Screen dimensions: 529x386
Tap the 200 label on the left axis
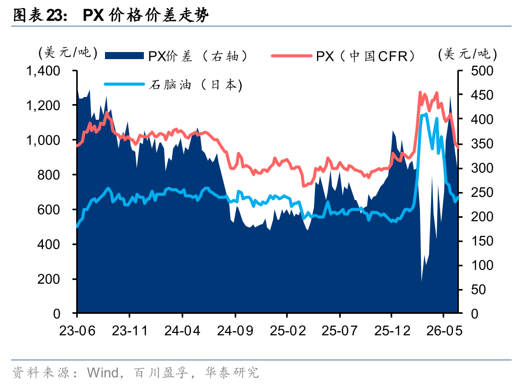pyautogui.click(x=48, y=279)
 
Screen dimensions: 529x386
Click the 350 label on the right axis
pyautogui.click(x=482, y=144)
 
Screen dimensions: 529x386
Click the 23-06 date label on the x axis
pyautogui.click(x=77, y=330)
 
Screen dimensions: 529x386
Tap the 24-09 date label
pyautogui.click(x=235, y=330)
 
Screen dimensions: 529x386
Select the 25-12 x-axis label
pyautogui.click(x=392, y=330)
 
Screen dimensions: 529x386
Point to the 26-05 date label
pyautogui.click(x=444, y=330)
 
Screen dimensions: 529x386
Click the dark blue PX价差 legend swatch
pyautogui.click(x=125, y=56)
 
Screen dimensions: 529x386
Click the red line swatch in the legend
pyautogui.click(x=291, y=56)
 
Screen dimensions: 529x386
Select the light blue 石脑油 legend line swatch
pyautogui.click(x=125, y=84)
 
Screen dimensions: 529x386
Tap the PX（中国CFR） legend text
pyautogui.click(x=366, y=56)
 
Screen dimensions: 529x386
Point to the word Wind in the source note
pyautogui.click(x=102, y=372)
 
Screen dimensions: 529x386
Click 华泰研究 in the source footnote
pyautogui.click(x=232, y=372)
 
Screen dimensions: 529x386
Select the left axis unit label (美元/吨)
pyautogui.click(x=68, y=53)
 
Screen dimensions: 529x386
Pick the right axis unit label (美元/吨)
pyautogui.click(x=467, y=54)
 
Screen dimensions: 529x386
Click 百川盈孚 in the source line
pyautogui.click(x=161, y=372)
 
